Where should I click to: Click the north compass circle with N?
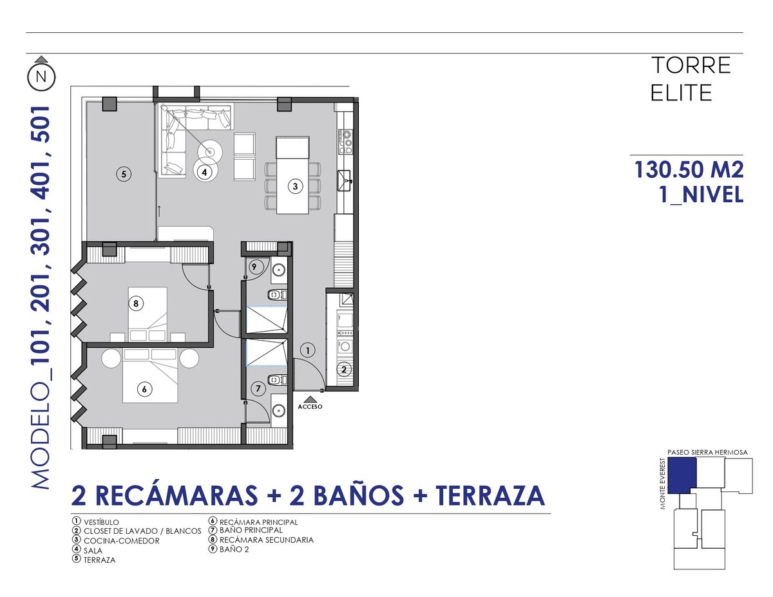coord(41,77)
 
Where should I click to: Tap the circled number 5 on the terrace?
coord(124,175)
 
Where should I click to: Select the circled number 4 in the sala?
coord(204,173)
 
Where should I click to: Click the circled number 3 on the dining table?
coord(295,186)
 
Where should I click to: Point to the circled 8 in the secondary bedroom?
coord(136,304)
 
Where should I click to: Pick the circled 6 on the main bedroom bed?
coord(144,390)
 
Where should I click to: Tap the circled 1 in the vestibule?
coord(308,350)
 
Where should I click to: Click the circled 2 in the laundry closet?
coord(344,370)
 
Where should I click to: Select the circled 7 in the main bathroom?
coord(258,388)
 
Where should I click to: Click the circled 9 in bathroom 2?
coord(254,267)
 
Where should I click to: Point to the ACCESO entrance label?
coord(310,407)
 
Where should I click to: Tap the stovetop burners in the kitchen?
coord(345,142)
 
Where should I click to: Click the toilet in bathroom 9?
coord(278,295)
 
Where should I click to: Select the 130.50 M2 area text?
coord(689,169)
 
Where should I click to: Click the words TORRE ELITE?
coord(691,79)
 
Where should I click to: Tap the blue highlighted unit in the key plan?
coord(682,475)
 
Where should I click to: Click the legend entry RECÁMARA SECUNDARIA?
coord(267,540)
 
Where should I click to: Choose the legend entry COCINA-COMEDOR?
coord(121,541)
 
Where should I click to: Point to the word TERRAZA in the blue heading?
coord(490,495)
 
